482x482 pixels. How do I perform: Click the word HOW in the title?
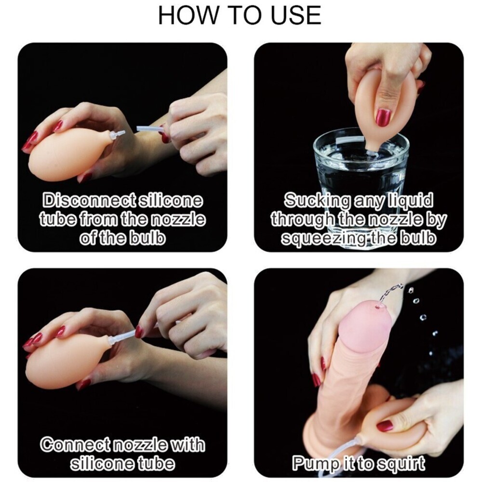[187, 15]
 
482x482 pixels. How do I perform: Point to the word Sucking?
[317, 201]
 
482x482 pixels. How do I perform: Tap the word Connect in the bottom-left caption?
[76, 444]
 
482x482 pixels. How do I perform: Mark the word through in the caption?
[299, 219]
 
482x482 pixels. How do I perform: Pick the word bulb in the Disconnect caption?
[148, 238]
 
